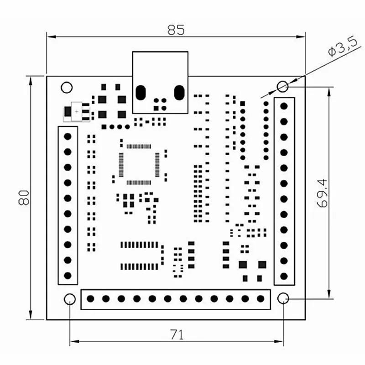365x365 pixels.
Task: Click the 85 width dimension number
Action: [176, 30]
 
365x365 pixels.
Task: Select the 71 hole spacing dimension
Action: [177, 335]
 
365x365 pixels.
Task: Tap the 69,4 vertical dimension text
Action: [322, 193]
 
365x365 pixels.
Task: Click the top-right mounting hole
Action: [283, 86]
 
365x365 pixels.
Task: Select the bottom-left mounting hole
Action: [70, 299]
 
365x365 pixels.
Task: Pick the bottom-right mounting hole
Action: [283, 299]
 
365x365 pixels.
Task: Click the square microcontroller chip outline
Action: [139, 164]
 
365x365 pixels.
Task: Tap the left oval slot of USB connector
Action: [141, 93]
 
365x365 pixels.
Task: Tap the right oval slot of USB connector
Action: [179, 93]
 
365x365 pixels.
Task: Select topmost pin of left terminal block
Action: [68, 136]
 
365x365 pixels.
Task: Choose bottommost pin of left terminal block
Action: [68, 275]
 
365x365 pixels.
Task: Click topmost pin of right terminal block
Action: [284, 106]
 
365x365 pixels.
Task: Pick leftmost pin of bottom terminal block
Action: [90, 299]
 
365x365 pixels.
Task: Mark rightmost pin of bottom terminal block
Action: [261, 299]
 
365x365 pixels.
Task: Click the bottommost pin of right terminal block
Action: [284, 276]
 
